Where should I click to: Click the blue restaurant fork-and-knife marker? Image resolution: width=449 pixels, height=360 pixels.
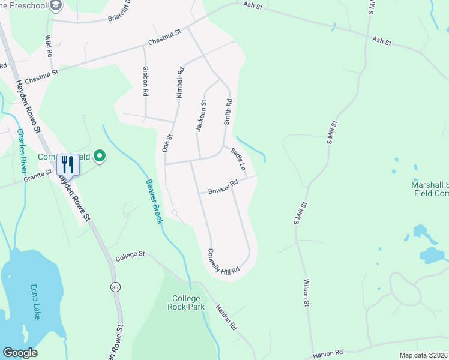point(67,164)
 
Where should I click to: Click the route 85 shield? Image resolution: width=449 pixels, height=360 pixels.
point(115,287)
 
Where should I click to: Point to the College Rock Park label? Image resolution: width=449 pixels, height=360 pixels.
point(188,302)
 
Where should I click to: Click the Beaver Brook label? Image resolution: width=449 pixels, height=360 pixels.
point(154,202)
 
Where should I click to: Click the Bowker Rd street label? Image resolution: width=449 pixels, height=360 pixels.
point(223,187)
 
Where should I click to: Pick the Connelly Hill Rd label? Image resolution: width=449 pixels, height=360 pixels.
point(223,261)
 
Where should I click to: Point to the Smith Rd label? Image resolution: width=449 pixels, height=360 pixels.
point(228,112)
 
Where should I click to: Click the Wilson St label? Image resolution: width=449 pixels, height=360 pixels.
point(306,293)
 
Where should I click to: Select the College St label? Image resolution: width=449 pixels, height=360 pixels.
point(130,254)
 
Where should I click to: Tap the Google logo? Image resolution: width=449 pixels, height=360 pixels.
point(20,353)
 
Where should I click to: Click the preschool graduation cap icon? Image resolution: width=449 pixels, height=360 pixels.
point(57,6)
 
